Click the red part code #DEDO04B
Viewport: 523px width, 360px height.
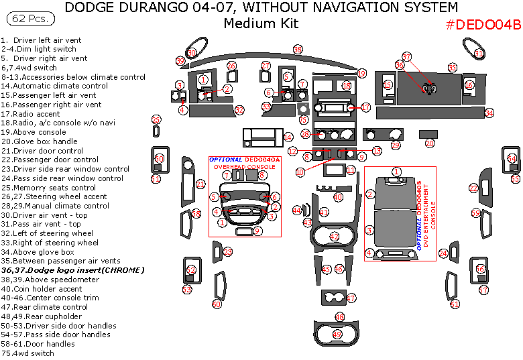pyautogui.click(x=483, y=25)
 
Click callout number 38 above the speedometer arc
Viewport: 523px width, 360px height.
pyautogui.click(x=298, y=50)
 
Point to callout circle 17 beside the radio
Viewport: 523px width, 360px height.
pyautogui.click(x=365, y=107)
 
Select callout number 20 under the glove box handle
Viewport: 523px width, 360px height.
pyautogui.click(x=429, y=143)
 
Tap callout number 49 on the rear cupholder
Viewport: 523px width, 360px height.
pyautogui.click(x=337, y=334)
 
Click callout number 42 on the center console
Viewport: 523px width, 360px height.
pyautogui.click(x=335, y=237)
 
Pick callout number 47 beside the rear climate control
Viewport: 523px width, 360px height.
pyautogui.click(x=351, y=298)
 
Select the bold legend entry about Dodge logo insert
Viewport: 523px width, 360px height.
pyautogui.click(x=74, y=270)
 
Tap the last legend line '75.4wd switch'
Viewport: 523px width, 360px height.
pyautogui.click(x=27, y=353)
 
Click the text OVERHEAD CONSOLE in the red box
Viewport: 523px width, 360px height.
pyautogui.click(x=244, y=166)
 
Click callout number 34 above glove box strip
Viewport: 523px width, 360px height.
pyautogui.click(x=489, y=113)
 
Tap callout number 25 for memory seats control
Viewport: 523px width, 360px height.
pyautogui.click(x=156, y=120)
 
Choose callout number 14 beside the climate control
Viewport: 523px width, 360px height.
pyautogui.click(x=288, y=137)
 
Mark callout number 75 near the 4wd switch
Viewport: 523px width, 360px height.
pyautogui.click(x=303, y=120)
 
